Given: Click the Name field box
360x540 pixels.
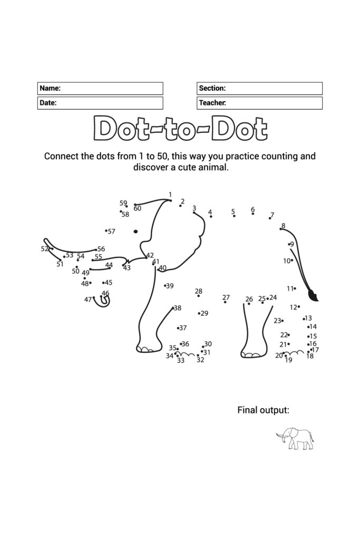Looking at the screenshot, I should pos(100,88).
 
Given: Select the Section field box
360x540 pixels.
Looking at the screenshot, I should pos(260,88).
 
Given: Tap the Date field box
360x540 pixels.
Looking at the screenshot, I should pos(100,103).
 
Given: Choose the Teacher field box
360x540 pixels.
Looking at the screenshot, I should pos(260,103).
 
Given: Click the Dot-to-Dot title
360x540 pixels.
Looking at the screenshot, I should pos(180,129).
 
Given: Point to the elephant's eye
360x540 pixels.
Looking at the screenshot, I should pos(135,231).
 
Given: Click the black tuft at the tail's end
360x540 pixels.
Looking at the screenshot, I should pos(314,295).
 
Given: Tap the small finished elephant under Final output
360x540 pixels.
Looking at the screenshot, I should pos(295,438).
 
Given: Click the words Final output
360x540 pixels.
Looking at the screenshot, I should pos(263,410).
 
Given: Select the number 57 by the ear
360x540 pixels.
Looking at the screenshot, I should pos(111,231).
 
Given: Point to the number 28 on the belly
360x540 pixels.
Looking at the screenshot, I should pos(198,291).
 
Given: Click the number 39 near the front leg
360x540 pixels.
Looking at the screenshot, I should pos(170,286).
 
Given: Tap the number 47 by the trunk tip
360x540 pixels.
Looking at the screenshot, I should pos(88,299).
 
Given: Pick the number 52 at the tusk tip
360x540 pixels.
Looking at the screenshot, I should pos(45,248).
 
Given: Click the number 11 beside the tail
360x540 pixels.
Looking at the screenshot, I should pos(290,288).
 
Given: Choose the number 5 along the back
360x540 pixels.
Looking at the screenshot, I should pos(233,211).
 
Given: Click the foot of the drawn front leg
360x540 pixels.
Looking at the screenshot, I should pos(149,349).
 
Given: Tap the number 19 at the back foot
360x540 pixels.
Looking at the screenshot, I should pos(288,360).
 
